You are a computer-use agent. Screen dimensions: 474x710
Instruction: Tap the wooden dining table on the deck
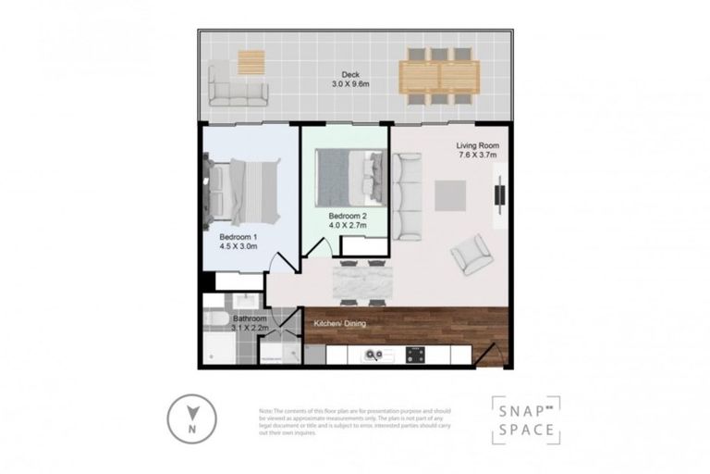439,76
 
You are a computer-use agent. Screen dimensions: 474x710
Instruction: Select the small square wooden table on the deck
251,62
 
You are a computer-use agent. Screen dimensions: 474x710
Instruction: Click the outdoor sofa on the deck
238,85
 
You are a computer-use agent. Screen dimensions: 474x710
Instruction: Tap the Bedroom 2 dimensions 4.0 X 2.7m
347,225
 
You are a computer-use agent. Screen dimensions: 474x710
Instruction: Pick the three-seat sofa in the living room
408,196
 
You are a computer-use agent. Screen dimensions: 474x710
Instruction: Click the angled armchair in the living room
471,254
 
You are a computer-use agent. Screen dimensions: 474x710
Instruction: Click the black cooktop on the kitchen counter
416,355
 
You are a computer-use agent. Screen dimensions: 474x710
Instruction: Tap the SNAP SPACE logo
524,419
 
